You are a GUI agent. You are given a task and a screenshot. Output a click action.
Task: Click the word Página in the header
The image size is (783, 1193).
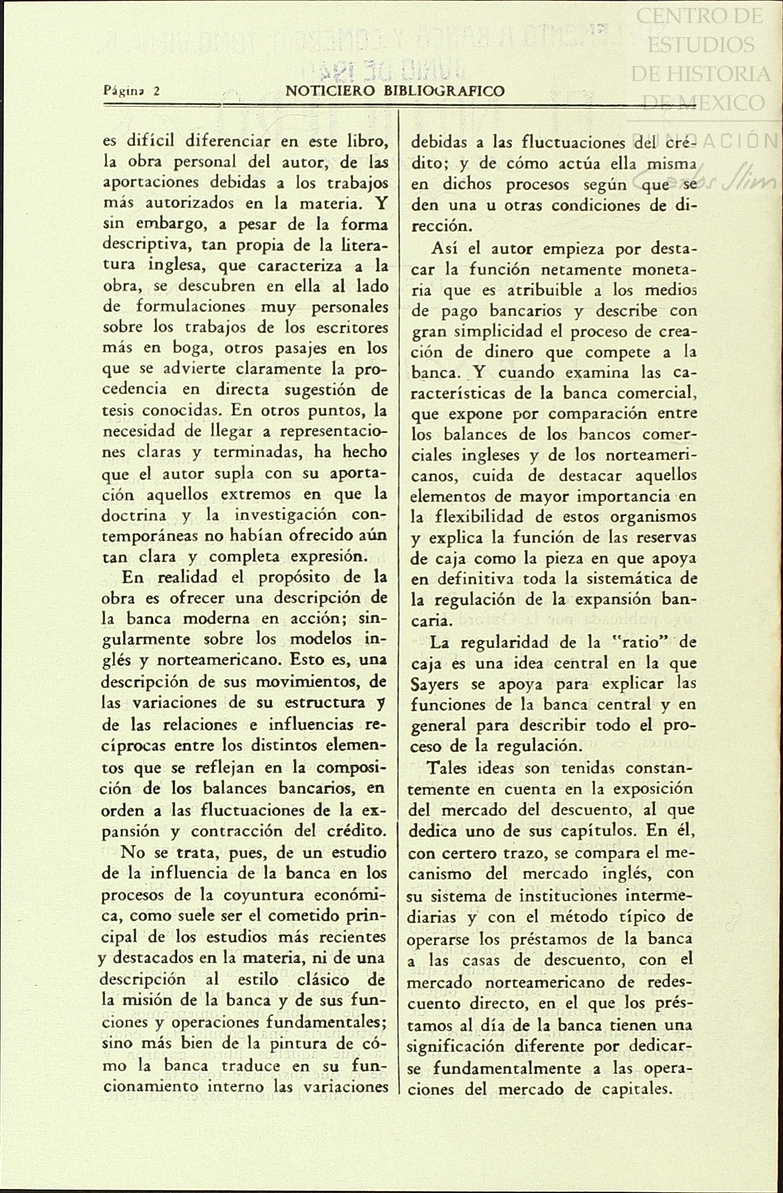pyautogui.click(x=122, y=91)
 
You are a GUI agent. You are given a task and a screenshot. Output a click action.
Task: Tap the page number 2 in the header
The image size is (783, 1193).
pyautogui.click(x=156, y=91)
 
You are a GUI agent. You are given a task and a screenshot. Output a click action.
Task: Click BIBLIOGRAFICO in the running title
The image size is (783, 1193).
pyautogui.click(x=442, y=91)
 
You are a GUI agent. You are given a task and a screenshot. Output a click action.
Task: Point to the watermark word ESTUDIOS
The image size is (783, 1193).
pyautogui.click(x=701, y=44)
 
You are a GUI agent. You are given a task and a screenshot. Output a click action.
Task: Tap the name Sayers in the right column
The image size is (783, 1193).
pyautogui.click(x=434, y=684)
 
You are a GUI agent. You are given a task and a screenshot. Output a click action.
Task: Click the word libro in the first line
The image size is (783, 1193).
pyautogui.click(x=367, y=141)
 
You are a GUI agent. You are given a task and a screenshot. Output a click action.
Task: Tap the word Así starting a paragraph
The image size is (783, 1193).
pyautogui.click(x=444, y=249)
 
